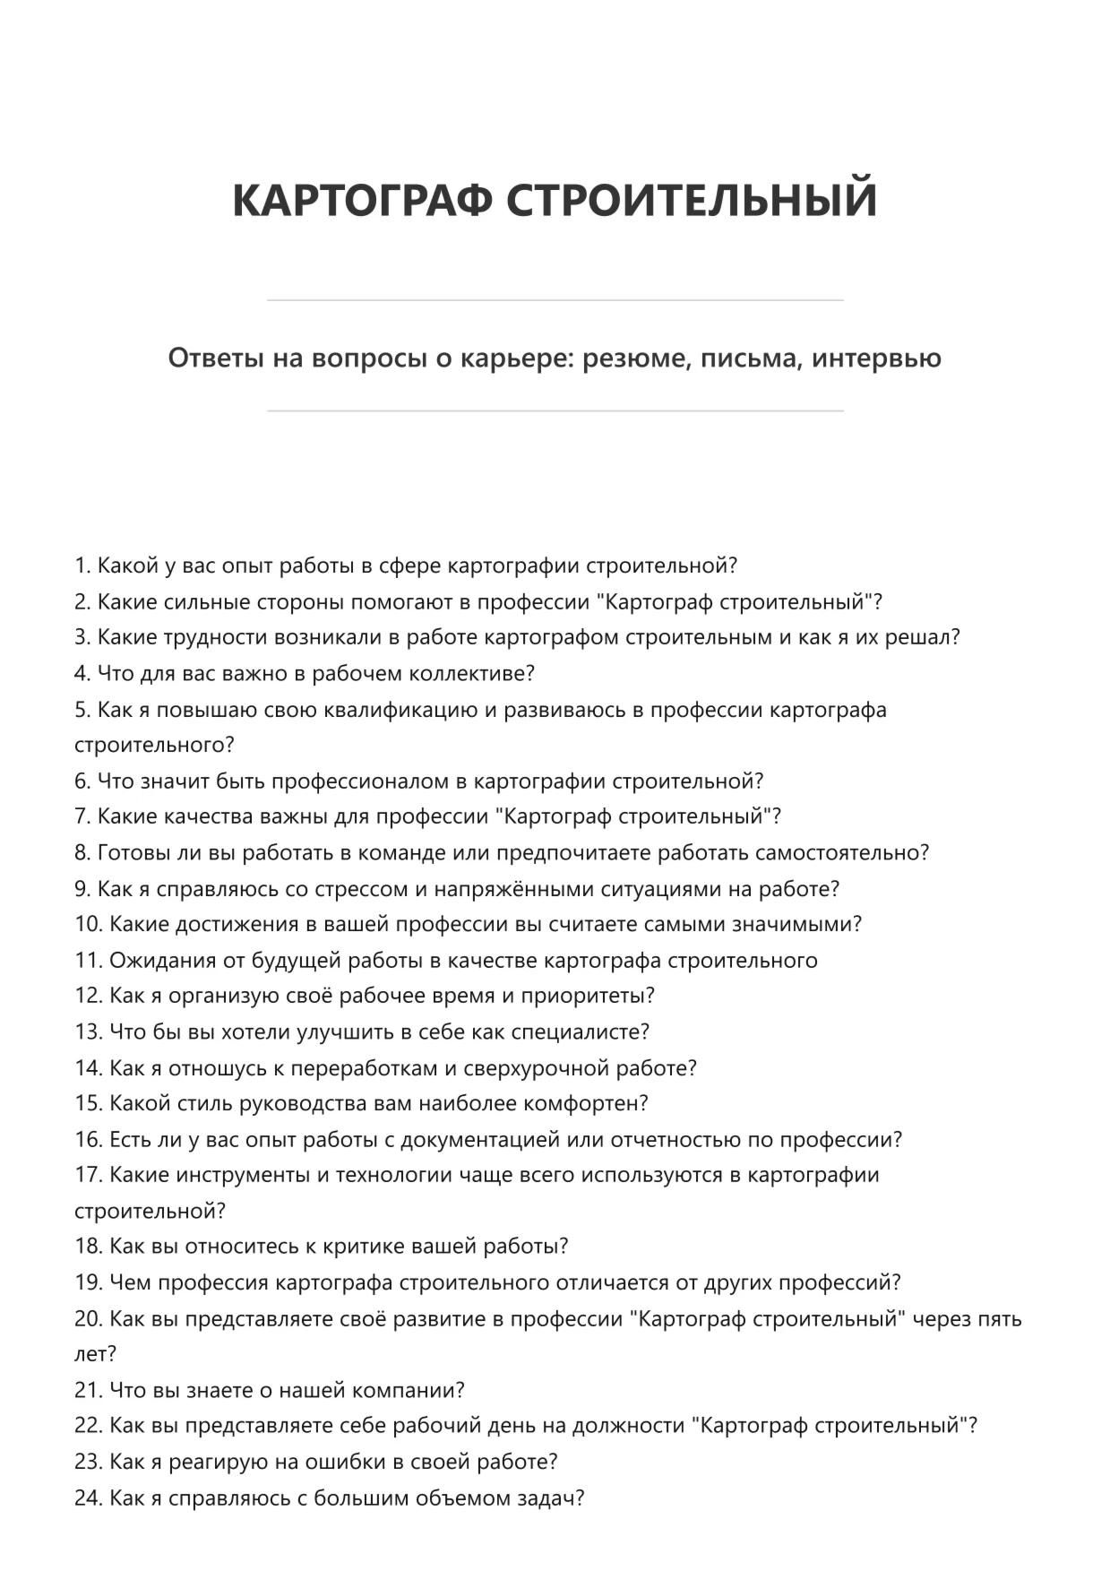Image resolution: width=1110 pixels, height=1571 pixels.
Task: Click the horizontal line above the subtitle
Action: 555,300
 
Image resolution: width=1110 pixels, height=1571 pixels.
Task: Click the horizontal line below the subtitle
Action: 555,411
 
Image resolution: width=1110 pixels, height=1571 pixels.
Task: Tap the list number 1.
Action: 82,565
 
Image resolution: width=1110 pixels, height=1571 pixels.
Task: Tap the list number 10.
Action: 88,924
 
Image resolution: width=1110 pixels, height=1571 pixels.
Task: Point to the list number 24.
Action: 88,1498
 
